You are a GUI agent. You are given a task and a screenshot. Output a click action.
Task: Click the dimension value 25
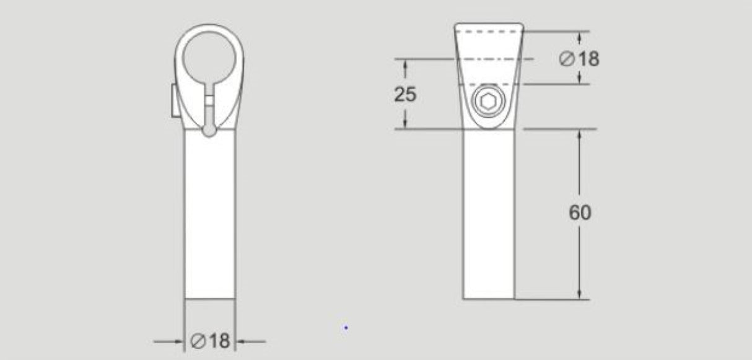click(405, 94)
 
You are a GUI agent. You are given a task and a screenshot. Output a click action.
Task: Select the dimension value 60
click(580, 213)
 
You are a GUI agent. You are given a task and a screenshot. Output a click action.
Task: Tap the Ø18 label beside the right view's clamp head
click(579, 59)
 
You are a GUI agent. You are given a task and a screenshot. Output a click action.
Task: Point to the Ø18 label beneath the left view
click(211, 341)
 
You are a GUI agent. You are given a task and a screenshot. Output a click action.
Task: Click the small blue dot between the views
click(346, 327)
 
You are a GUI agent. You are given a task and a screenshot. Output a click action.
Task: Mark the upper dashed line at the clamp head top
click(489, 31)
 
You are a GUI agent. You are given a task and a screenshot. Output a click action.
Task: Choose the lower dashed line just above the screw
click(489, 84)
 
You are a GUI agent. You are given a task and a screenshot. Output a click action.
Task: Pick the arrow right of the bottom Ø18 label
click(243, 341)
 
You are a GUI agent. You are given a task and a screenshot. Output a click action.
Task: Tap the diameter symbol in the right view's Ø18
click(566, 59)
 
